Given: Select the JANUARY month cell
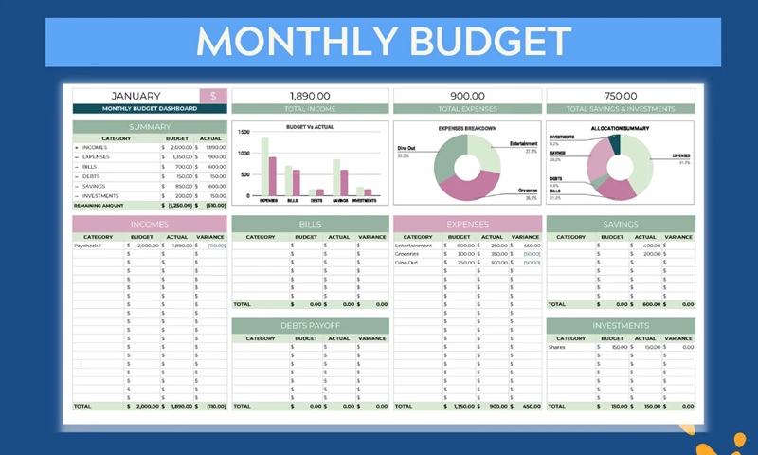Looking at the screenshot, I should [x=135, y=96].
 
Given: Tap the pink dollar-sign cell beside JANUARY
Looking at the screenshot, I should [x=213, y=96].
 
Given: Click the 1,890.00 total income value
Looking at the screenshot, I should [x=310, y=96].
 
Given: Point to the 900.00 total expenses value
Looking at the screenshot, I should [x=467, y=96].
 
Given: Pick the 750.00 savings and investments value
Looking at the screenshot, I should [x=620, y=96].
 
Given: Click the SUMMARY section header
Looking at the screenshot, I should [x=150, y=127].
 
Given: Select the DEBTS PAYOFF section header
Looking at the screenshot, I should [x=310, y=325].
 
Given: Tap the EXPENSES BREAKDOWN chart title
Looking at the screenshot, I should [x=467, y=128].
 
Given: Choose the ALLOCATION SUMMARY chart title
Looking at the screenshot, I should [x=620, y=128].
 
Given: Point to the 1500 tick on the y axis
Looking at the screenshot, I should [x=244, y=134].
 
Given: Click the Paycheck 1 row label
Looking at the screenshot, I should [x=88, y=246].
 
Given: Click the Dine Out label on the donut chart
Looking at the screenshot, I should [x=405, y=149].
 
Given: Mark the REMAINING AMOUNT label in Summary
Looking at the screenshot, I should [x=100, y=205].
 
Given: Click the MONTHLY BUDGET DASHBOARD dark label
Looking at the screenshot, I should [x=150, y=109].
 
